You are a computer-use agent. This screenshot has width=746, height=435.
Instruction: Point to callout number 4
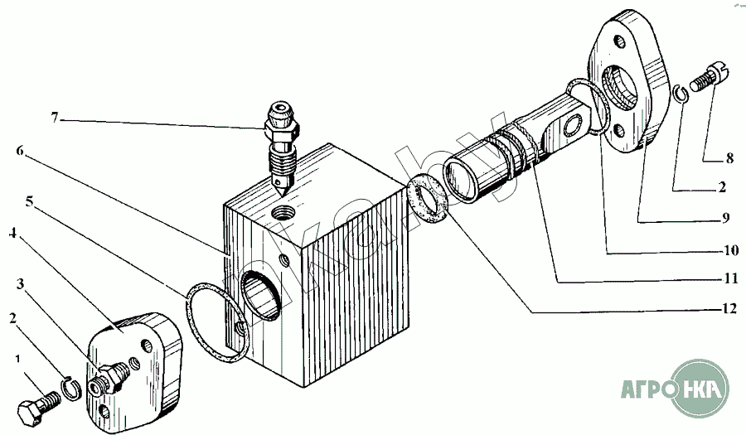(12, 234)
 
